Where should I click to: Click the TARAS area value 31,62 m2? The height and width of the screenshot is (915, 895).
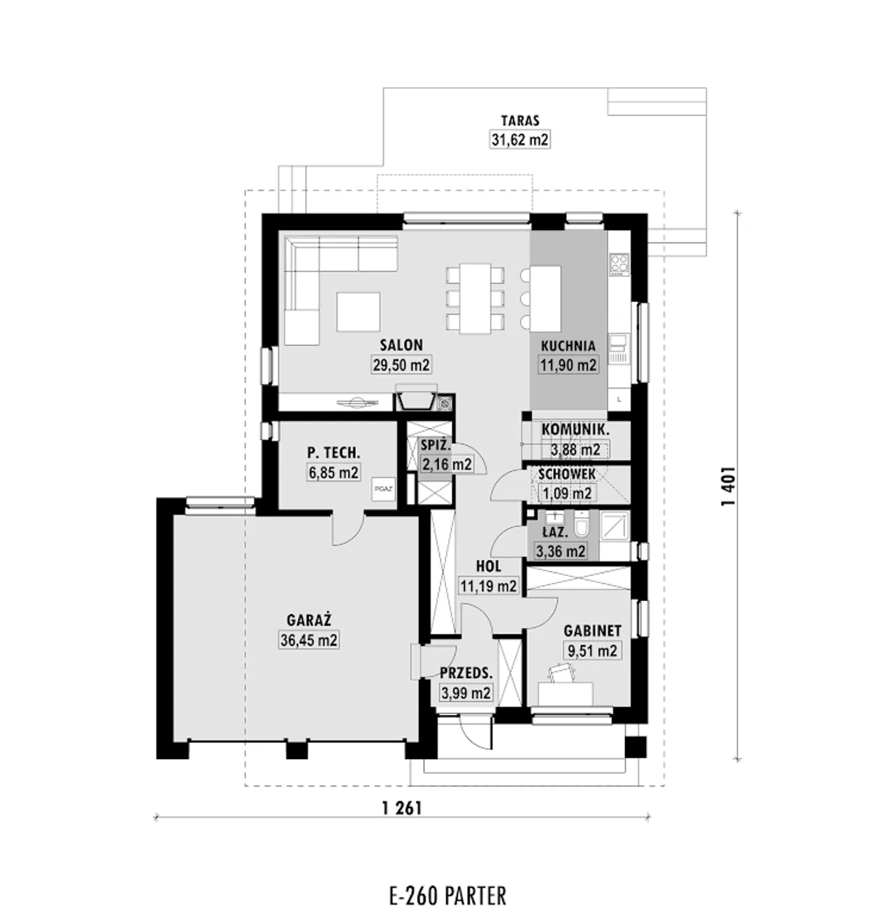click(x=520, y=140)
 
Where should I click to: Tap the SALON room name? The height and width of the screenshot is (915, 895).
click(x=401, y=345)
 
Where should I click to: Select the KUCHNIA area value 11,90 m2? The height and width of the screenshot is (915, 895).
click(x=568, y=364)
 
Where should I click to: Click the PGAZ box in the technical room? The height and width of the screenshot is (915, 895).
click(x=383, y=489)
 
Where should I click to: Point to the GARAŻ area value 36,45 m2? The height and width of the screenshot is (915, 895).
click(x=308, y=640)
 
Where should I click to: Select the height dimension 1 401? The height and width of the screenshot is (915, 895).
click(x=727, y=487)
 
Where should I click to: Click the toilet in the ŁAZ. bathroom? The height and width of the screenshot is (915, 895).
click(x=581, y=523)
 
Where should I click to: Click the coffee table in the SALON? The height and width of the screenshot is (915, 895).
click(x=358, y=312)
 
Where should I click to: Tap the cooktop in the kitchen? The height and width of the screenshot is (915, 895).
click(x=620, y=264)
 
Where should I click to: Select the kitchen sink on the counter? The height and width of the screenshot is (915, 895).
click(x=619, y=343)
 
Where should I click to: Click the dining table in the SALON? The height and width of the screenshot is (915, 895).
click(x=475, y=298)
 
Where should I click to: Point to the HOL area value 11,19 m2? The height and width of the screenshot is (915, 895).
click(x=488, y=585)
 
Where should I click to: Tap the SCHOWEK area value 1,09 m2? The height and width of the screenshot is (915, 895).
click(x=567, y=493)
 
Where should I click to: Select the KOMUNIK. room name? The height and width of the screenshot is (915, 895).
click(x=575, y=429)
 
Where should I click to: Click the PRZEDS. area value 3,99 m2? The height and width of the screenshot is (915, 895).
click(x=466, y=692)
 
